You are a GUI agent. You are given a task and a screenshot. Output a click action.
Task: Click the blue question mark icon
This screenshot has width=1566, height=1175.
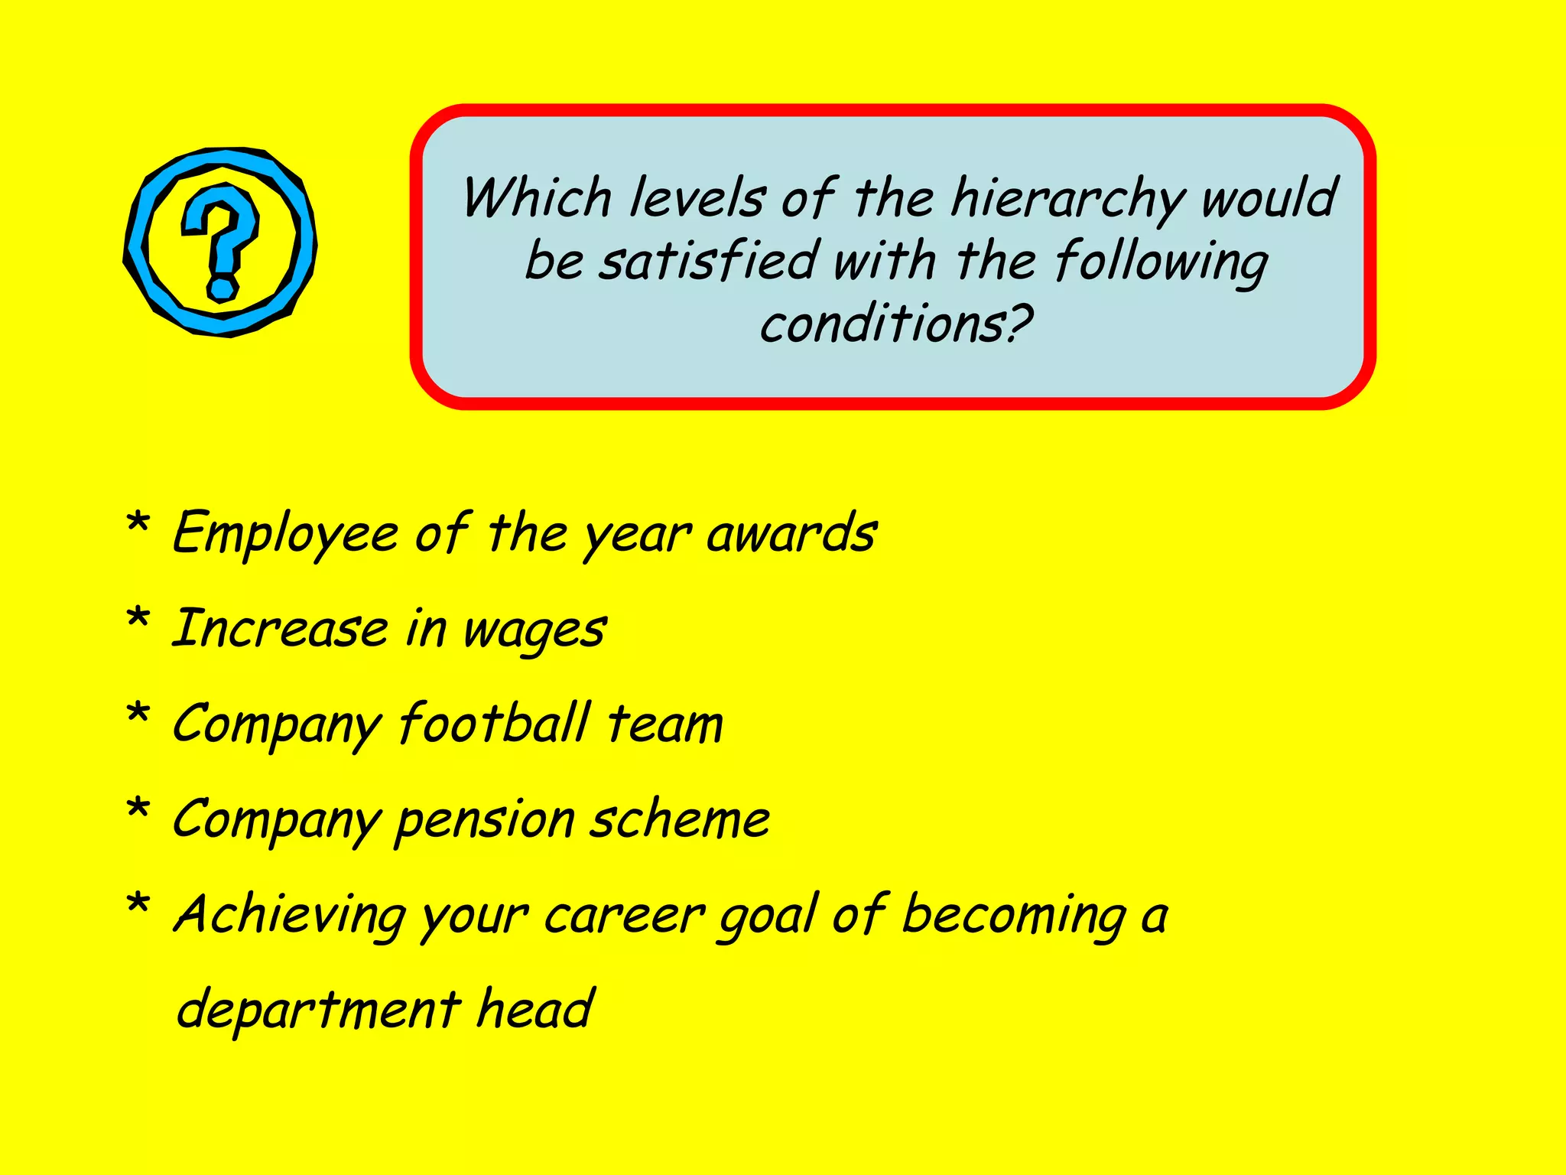[220, 242]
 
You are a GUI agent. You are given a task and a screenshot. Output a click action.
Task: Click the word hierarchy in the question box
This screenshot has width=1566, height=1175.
[1067, 200]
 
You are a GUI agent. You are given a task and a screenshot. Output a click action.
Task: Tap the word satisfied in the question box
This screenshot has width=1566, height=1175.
[710, 262]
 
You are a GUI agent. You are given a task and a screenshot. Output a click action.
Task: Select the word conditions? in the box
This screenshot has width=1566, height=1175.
[895, 324]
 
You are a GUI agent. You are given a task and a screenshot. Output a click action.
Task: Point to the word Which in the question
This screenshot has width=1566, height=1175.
[537, 198]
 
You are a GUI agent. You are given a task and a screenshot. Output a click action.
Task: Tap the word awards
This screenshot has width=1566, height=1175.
[791, 533]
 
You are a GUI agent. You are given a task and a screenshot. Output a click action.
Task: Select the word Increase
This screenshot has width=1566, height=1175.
[280, 629]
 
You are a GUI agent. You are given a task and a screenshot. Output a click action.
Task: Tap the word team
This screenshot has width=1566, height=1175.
[665, 724]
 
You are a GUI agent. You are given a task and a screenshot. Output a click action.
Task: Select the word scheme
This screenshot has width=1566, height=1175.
[680, 819]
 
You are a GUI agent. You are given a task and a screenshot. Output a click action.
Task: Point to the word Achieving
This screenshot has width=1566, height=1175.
[290, 916]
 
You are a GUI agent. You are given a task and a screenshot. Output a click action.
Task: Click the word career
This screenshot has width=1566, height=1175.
[623, 916]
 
